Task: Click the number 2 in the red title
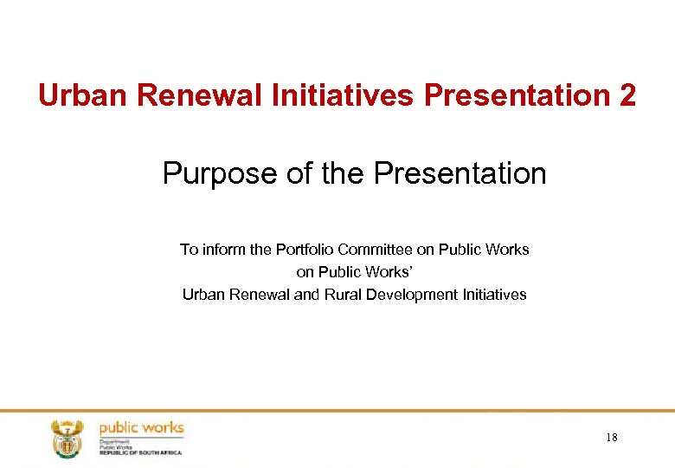click(x=627, y=95)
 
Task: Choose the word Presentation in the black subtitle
click(x=460, y=174)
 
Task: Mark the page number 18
click(x=611, y=438)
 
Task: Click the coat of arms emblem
click(x=66, y=438)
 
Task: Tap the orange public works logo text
click(x=141, y=427)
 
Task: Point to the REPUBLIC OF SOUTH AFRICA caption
click(x=141, y=452)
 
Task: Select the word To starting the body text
click(x=189, y=250)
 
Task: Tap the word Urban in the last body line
click(x=204, y=295)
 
